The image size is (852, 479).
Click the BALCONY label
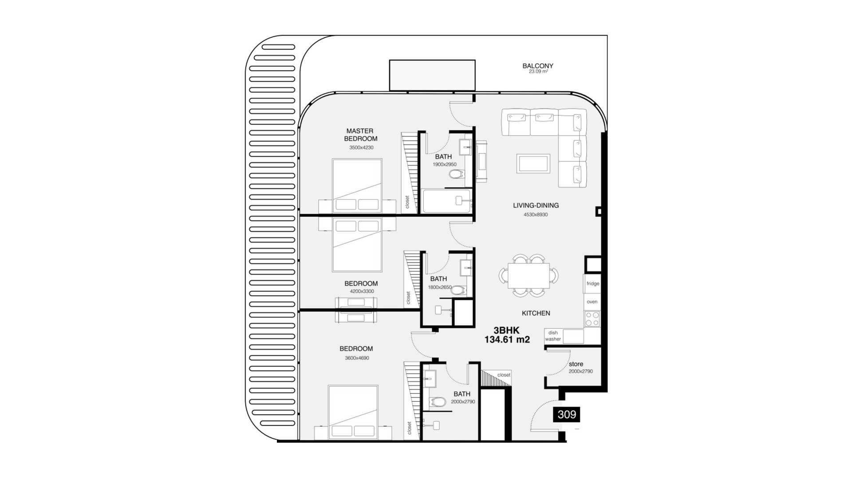click(538, 66)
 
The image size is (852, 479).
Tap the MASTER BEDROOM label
click(361, 135)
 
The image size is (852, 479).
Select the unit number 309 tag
click(567, 415)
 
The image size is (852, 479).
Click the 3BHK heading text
click(506, 330)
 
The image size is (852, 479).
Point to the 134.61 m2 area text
click(507, 340)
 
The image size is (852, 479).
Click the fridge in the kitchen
click(592, 284)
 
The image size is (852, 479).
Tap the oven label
click(592, 302)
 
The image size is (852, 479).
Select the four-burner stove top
click(592, 318)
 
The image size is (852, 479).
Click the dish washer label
click(553, 336)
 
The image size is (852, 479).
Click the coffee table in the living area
click(533, 164)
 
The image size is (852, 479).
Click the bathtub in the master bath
click(446, 201)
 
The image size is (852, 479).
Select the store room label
click(576, 364)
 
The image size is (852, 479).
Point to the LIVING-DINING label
click(536, 205)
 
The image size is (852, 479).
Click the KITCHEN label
click(536, 313)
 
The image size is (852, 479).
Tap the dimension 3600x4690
click(357, 358)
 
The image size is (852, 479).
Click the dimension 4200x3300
click(362, 291)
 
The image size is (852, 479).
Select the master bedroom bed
click(357, 186)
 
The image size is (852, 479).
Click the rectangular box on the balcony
click(432, 75)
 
